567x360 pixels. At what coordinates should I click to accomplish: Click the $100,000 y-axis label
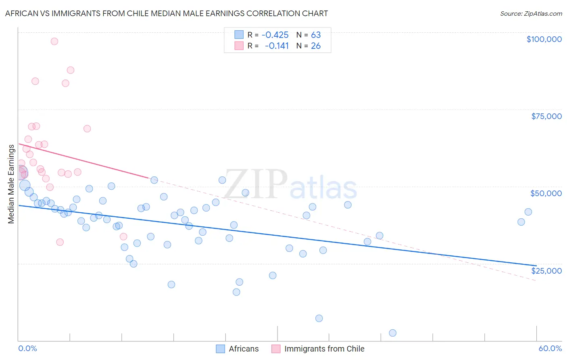click(x=544, y=39)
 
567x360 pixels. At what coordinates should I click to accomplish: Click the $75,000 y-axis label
click(x=546, y=116)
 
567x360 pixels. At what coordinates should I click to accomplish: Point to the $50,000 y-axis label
click(x=546, y=193)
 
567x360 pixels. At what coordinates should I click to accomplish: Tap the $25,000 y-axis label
click(x=546, y=271)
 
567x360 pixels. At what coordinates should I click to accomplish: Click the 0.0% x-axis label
click(x=27, y=348)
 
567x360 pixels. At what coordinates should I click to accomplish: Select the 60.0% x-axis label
click(x=550, y=348)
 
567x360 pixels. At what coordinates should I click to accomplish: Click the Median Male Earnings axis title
click(x=11, y=184)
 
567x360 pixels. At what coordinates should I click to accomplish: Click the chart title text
click(x=167, y=13)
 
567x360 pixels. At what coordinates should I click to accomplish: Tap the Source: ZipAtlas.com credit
click(x=531, y=13)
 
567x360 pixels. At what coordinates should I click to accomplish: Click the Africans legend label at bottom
click(x=244, y=349)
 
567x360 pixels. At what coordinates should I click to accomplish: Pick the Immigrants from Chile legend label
click(x=324, y=349)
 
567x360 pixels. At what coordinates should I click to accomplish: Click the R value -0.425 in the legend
click(x=275, y=35)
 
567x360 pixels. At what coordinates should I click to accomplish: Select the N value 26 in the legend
click(x=316, y=46)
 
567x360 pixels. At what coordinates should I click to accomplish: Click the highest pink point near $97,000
click(x=54, y=41)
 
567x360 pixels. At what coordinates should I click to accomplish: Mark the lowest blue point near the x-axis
click(x=392, y=333)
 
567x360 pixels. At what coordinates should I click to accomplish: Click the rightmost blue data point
click(x=528, y=212)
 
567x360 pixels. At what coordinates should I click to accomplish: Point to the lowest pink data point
click(x=60, y=242)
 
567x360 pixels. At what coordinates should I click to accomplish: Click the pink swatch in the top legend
click(x=239, y=46)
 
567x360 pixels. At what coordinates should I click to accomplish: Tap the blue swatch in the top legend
click(x=239, y=35)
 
